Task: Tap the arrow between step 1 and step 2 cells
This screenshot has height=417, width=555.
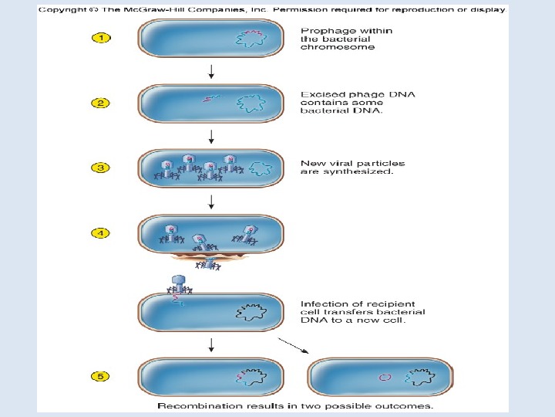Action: [x=212, y=73]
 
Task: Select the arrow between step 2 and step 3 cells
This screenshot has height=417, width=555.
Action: [x=212, y=137]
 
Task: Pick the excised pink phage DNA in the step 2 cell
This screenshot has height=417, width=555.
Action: [x=210, y=98]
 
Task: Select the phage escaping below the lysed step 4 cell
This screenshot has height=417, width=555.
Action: [x=206, y=263]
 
